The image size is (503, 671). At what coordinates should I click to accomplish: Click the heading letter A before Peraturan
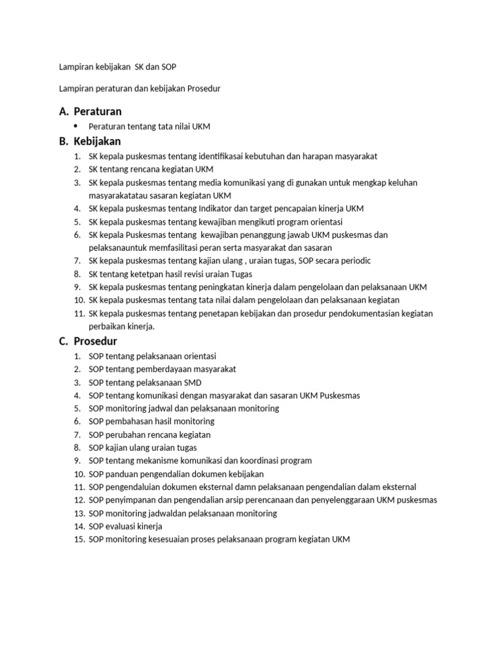[63, 111]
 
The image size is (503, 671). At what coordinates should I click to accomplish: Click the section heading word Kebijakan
[98, 141]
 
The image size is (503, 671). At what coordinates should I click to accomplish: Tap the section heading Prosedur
[96, 341]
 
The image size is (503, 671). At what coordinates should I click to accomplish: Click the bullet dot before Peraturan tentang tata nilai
[76, 125]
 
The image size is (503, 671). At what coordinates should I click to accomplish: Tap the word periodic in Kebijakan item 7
[354, 261]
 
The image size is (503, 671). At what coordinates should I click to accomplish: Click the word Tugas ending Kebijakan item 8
[240, 274]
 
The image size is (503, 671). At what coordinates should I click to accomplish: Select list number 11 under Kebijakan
[79, 313]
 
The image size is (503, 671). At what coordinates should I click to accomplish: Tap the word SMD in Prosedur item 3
[193, 382]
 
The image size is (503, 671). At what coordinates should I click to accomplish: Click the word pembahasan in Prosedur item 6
[128, 421]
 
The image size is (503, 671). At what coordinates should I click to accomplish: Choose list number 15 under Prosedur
[79, 539]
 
